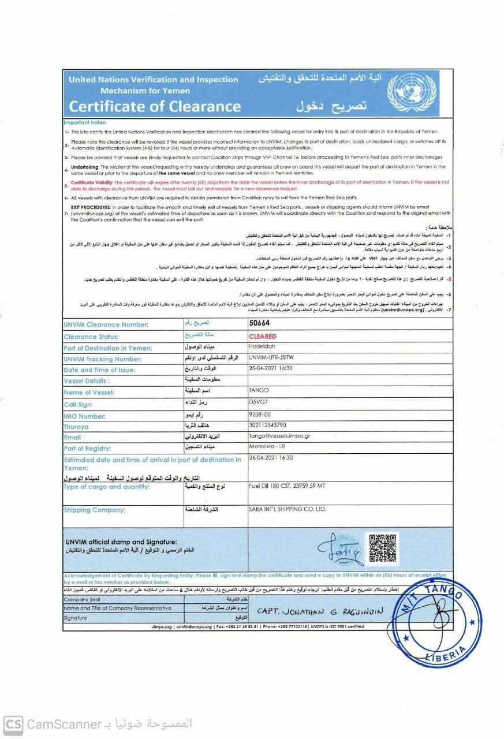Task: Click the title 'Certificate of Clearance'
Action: pyautogui.click(x=154, y=106)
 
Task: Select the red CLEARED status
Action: pyautogui.click(x=262, y=336)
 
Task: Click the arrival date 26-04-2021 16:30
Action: pyautogui.click(x=271, y=457)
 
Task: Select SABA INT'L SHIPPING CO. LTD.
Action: pyautogui.click(x=287, y=509)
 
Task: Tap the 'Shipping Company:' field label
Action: pyautogui.click(x=94, y=510)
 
